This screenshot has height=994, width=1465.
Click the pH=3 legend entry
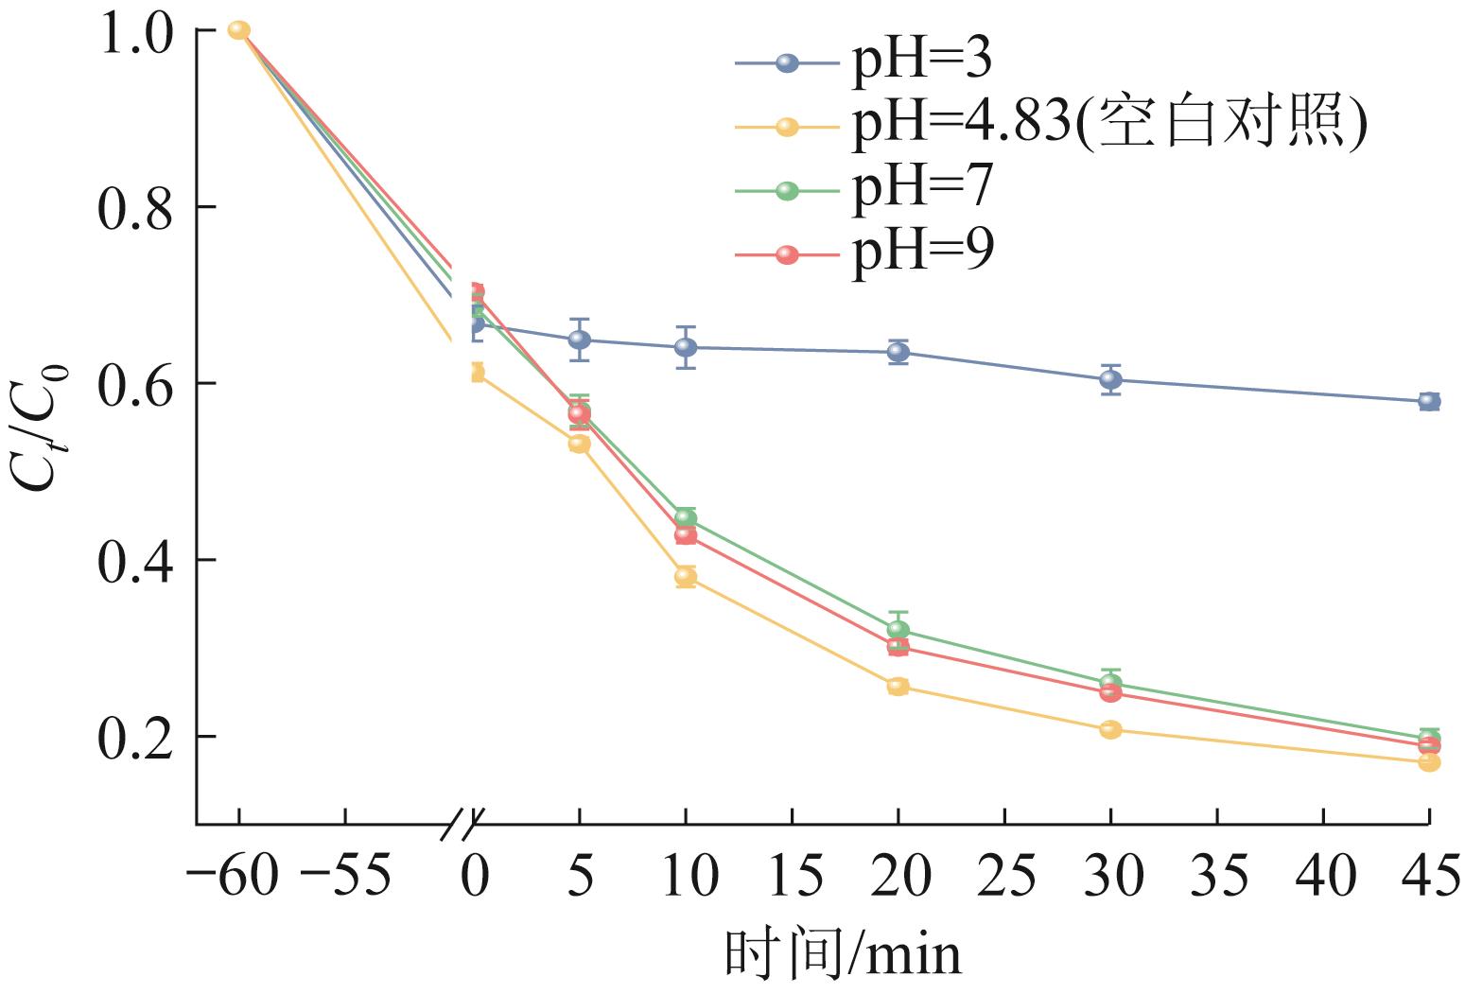pyautogui.click(x=922, y=62)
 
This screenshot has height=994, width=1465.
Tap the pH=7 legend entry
pyautogui.click(x=922, y=188)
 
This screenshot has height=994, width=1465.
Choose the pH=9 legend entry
pyautogui.click(x=922, y=253)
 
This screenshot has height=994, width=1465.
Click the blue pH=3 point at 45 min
pyautogui.click(x=1428, y=401)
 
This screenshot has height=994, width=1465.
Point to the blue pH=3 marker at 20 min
pyautogui.click(x=898, y=353)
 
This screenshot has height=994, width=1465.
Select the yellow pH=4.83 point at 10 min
pyautogui.click(x=686, y=576)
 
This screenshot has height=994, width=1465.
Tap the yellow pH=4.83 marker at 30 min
pyautogui.click(x=1110, y=729)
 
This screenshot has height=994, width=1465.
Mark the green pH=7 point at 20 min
pyautogui.click(x=898, y=629)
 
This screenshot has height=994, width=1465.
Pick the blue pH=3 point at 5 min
pyautogui.click(x=580, y=340)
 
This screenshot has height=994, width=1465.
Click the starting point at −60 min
pyautogui.click(x=239, y=30)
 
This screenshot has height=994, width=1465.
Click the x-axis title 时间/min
pyautogui.click(x=843, y=953)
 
